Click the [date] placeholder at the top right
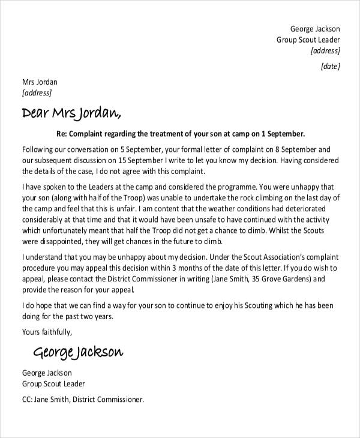(331, 67)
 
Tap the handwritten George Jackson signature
(78, 350)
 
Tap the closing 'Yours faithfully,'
(47, 332)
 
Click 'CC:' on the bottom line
(29, 399)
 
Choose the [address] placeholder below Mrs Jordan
(37, 93)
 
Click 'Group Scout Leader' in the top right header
(308, 40)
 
